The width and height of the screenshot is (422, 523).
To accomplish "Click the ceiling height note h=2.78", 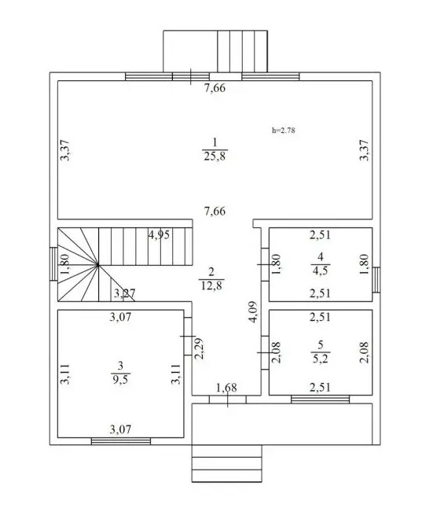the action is point(284,130).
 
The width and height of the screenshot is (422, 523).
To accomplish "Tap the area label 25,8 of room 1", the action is point(215,156).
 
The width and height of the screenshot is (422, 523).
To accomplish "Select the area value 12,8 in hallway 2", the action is point(211,285).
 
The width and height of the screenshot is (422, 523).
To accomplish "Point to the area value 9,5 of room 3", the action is point(120,379).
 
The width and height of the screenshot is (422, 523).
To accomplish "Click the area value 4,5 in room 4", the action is point(321,271).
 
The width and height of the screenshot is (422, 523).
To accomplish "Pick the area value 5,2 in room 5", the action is point(321,359).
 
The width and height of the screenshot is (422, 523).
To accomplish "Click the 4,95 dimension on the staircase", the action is point(159,235).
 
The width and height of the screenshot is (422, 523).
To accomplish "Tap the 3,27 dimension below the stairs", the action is point(125,293).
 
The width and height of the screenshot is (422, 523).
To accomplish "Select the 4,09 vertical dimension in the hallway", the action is point(253,312).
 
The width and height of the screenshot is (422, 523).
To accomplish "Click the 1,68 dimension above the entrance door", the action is point(226,388).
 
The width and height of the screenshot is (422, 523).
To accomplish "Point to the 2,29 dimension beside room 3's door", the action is point(200,348).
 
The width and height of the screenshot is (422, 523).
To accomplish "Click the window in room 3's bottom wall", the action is point(121,441).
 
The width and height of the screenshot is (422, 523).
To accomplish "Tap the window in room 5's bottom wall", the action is point(321,400).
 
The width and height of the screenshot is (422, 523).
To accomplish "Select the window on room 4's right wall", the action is point(376,280).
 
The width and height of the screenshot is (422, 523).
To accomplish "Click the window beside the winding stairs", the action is point(53,263).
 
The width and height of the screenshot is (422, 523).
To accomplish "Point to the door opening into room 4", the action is point(265,264).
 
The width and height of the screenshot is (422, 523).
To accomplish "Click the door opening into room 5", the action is point(265,352).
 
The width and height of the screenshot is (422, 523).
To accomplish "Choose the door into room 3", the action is point(188,337).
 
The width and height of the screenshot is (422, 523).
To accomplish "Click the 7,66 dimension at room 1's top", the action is point(215,88).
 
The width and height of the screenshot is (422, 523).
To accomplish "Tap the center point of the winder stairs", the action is point(97,265).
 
